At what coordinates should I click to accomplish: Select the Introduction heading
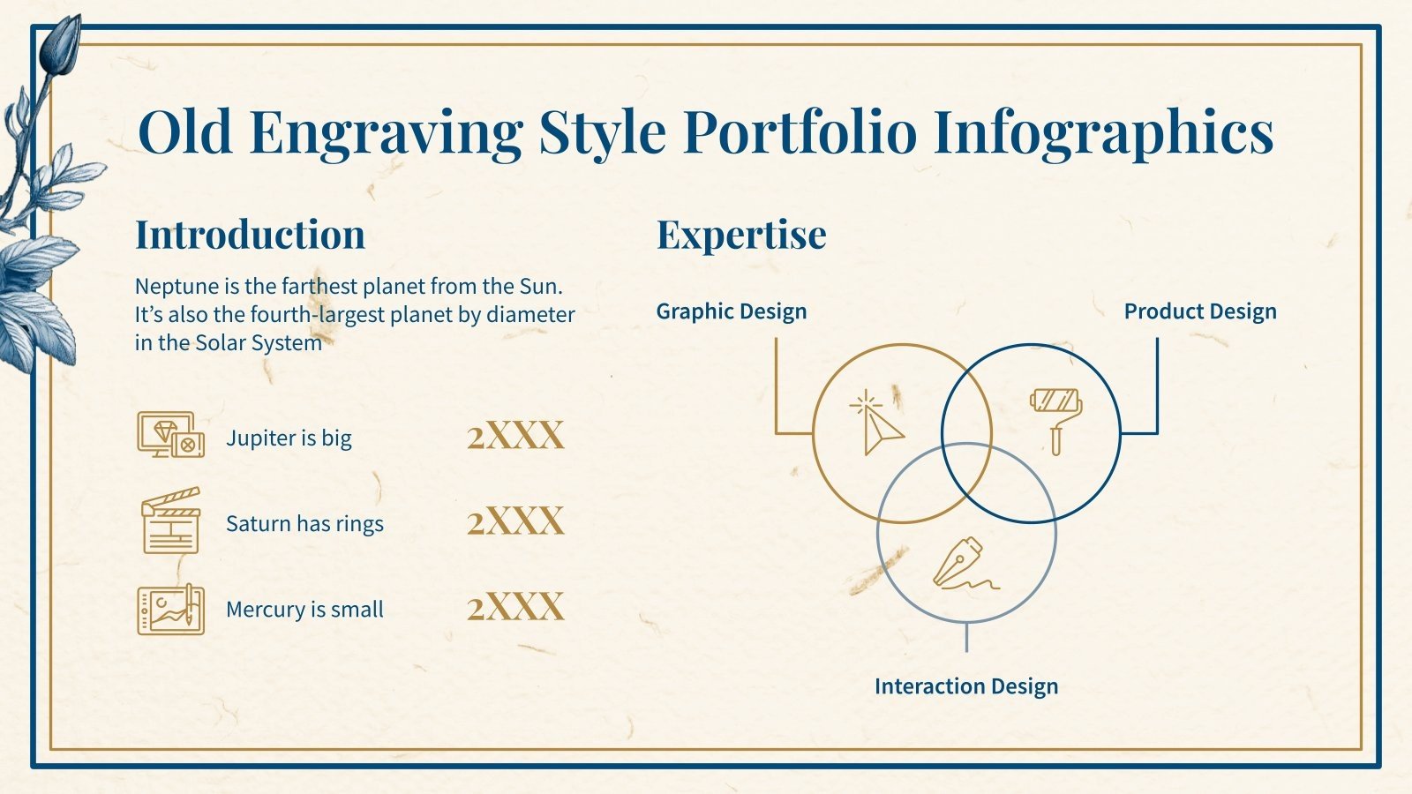(x=250, y=235)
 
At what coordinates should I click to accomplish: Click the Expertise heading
(x=741, y=235)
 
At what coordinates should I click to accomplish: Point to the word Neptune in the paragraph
(x=176, y=286)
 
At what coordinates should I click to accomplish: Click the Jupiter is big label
(x=289, y=438)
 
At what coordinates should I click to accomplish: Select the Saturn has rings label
(x=304, y=523)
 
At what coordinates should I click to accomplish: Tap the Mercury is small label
(x=304, y=609)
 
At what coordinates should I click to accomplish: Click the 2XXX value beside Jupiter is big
(x=515, y=436)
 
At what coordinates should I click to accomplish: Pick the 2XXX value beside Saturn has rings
(x=515, y=521)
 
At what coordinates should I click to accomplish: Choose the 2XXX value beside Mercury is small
(x=515, y=607)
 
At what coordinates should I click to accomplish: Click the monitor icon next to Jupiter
(x=170, y=434)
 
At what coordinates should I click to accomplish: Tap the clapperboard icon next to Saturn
(x=170, y=521)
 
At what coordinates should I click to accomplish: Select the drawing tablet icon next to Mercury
(x=170, y=609)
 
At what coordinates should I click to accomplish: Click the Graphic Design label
(x=731, y=311)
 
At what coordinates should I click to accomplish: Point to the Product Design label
(x=1199, y=311)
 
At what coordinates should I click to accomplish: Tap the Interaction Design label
(x=965, y=686)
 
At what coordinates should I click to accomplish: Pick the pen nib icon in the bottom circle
(x=962, y=564)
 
